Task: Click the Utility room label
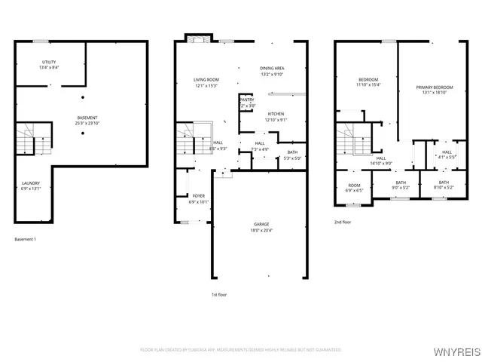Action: (49, 64)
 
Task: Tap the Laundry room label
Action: (30, 186)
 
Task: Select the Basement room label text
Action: (87, 120)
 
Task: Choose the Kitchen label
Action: (276, 117)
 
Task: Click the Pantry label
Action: (247, 101)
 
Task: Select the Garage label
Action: (261, 228)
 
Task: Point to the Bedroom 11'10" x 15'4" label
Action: (368, 81)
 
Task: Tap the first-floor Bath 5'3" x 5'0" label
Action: (291, 155)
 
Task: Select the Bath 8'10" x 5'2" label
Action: (444, 185)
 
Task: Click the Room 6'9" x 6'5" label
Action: (354, 188)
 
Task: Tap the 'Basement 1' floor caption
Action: (25, 239)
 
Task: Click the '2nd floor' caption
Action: (343, 222)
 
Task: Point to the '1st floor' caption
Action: (219, 295)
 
